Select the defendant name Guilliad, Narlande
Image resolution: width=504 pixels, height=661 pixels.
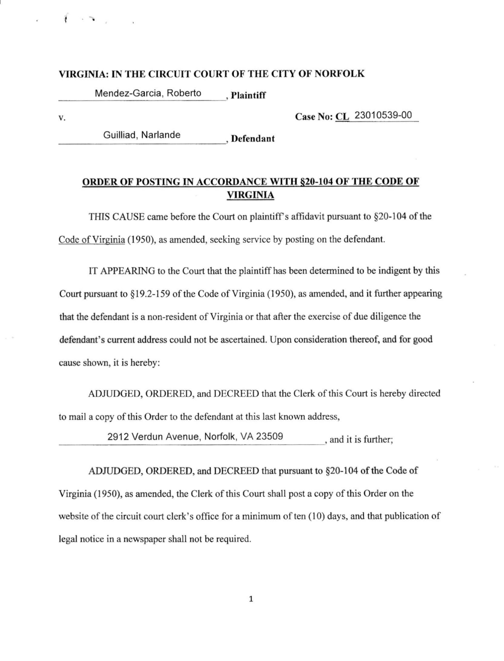[x=142, y=135]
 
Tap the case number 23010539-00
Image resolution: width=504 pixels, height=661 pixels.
[x=383, y=115]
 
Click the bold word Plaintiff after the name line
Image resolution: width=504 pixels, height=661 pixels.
[x=248, y=96]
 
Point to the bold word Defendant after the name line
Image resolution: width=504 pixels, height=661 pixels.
[x=253, y=139]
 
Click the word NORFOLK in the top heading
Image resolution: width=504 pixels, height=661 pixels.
[x=339, y=74]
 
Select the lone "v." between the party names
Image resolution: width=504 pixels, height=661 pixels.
[x=62, y=118]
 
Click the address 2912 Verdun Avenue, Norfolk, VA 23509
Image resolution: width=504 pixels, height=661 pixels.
[x=195, y=436]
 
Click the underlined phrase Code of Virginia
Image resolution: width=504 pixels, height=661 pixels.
[x=92, y=240]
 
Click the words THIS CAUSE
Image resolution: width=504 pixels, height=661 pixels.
[x=117, y=217]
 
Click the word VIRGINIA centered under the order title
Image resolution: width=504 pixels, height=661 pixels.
[x=250, y=195]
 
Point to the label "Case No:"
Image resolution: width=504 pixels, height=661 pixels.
[x=314, y=116]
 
